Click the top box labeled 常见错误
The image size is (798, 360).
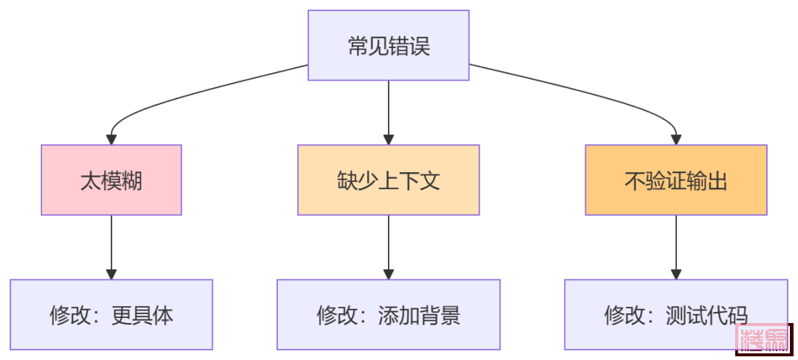coord(388,46)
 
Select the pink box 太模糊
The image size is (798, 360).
coord(111,180)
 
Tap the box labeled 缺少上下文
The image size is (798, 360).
coord(388,180)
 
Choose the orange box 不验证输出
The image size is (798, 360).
coord(675,180)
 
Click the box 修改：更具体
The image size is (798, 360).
coord(111,314)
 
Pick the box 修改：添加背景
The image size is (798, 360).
coord(388,314)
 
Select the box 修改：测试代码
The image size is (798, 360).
coord(675,314)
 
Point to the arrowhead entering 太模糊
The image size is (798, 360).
coord(111,138)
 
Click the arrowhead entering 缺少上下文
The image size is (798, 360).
coord(388,138)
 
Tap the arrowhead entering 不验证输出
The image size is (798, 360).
coord(675,138)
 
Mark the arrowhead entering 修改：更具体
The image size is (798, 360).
coord(111,274)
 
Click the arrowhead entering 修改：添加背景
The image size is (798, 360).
coord(388,274)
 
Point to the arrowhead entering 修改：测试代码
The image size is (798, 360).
coord(675,274)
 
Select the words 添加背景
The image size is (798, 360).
coord(419,316)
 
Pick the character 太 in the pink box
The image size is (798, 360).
coord(90,180)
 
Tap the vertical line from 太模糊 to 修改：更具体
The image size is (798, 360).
coord(111,244)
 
